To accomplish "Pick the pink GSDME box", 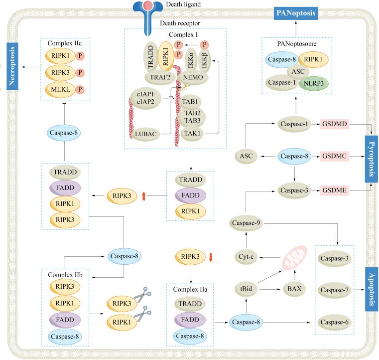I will pos(335,190).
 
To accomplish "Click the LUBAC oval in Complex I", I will pos(147,134).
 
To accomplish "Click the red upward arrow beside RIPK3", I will pos(144,196).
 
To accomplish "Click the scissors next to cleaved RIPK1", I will pos(143,315).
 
